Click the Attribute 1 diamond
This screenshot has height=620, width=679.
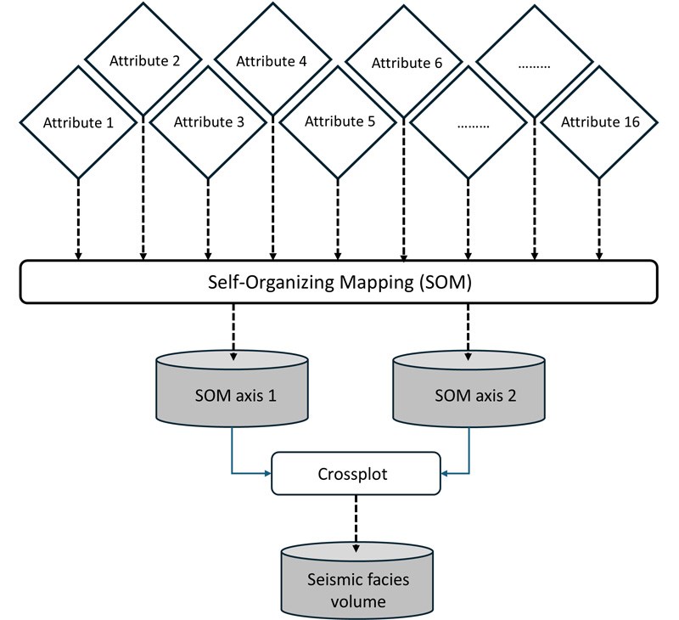pos(79,121)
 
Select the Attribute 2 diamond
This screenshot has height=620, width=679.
pos(143,61)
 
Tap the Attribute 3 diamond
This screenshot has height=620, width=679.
pos(209,121)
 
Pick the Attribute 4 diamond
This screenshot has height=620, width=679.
pos(272,61)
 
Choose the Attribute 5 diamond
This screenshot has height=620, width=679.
pos(337,121)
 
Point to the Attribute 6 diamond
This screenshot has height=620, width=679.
pos(402,62)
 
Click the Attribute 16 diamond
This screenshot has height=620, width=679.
pos(601,121)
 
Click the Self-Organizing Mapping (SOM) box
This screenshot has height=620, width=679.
pos(339,281)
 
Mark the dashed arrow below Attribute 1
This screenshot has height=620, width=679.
pos(79,217)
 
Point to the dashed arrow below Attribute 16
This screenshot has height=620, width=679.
pos(600,217)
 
